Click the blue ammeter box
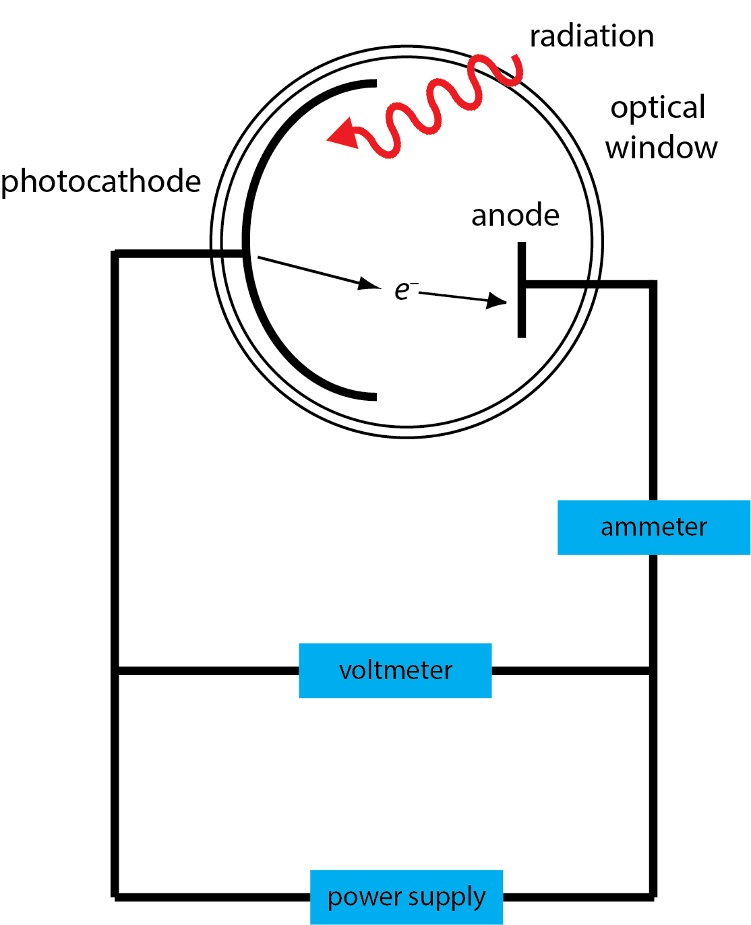click(653, 527)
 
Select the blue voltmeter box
click(395, 670)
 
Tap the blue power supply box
click(407, 897)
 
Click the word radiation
click(591, 36)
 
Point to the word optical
click(658, 108)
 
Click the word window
click(661, 148)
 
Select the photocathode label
click(101, 182)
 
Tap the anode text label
click(515, 216)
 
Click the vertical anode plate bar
click(522, 290)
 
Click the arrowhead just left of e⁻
click(369, 284)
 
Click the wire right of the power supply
click(578, 897)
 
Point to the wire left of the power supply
click(212, 897)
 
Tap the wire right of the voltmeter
click(572, 670)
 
